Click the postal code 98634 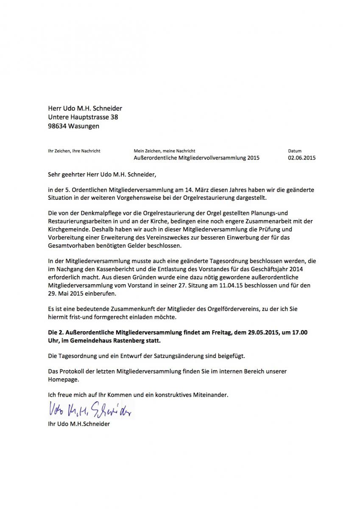(59, 126)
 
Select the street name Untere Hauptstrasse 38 (83, 117)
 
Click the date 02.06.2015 (302, 158)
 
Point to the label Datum (295, 151)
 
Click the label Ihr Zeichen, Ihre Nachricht (74, 151)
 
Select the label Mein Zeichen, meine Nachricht (165, 151)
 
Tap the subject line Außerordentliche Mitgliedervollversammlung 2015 (196, 158)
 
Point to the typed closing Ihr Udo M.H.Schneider (79, 424)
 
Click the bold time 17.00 (299, 333)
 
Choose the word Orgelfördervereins (224, 309)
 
